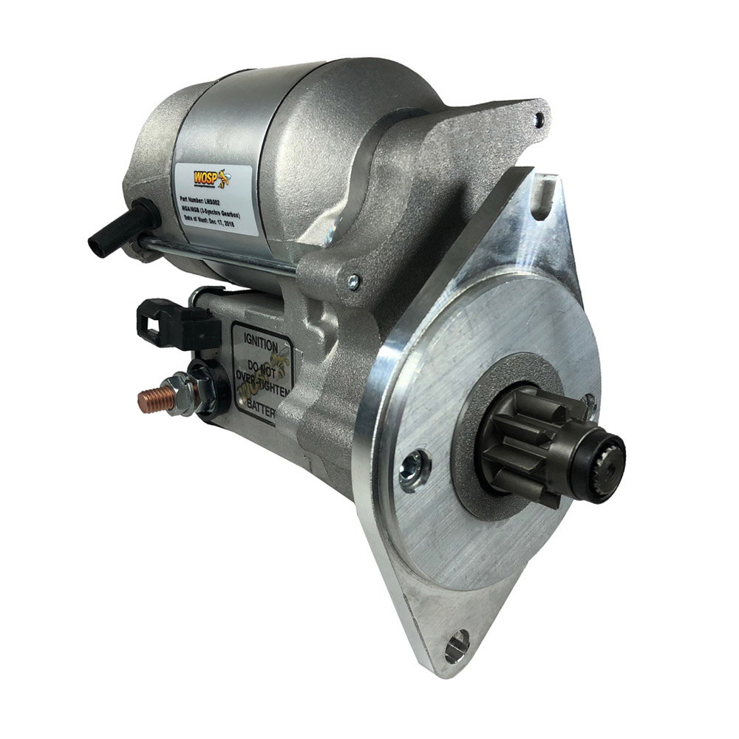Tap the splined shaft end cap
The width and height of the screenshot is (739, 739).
point(605,452)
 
